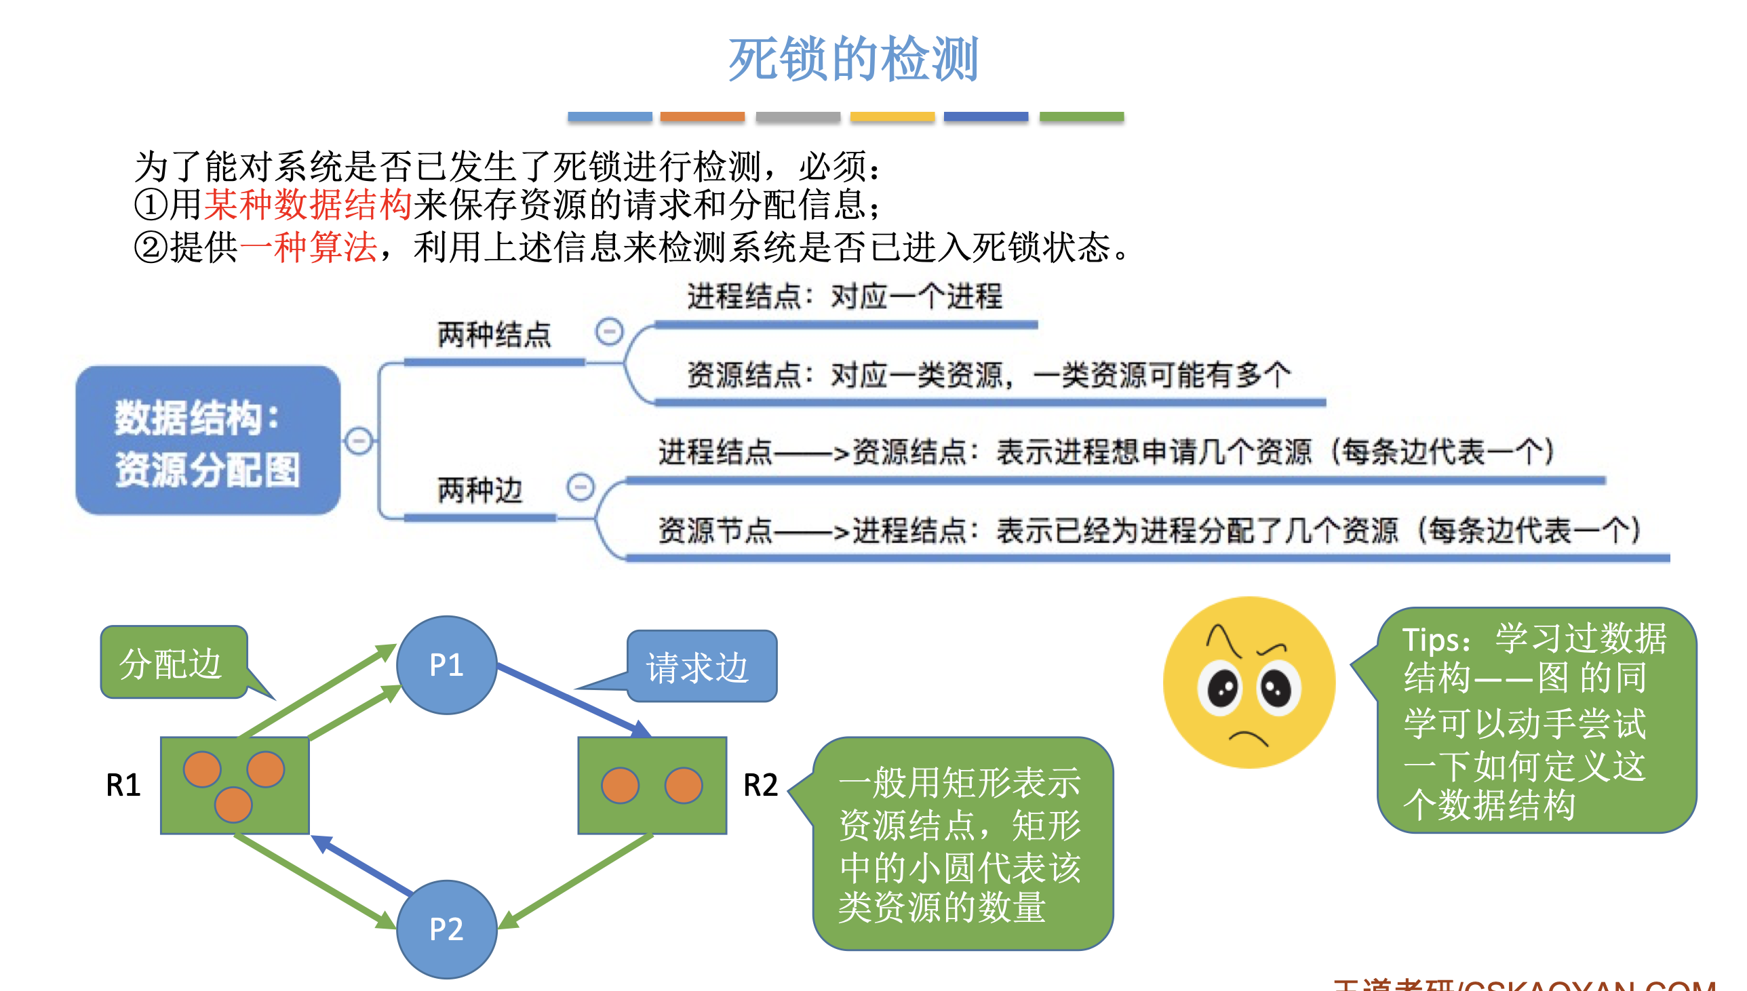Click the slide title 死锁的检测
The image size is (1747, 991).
(x=853, y=59)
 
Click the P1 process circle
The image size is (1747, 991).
(x=447, y=664)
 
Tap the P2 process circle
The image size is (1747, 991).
(x=447, y=929)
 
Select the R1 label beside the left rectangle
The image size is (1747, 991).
(x=123, y=785)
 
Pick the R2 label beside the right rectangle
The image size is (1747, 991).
(x=760, y=785)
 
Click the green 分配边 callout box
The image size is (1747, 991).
(x=173, y=663)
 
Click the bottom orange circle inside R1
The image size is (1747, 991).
(x=233, y=805)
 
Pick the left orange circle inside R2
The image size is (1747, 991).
(x=620, y=785)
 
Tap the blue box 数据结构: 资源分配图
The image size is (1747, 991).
(x=208, y=441)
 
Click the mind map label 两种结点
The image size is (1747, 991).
(x=494, y=335)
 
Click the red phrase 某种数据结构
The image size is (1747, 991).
(x=308, y=204)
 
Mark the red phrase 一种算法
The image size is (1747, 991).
(x=308, y=246)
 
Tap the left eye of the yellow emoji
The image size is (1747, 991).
(x=1222, y=689)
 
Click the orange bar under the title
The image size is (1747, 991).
(x=702, y=117)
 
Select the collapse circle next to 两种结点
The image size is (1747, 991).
(x=608, y=331)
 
